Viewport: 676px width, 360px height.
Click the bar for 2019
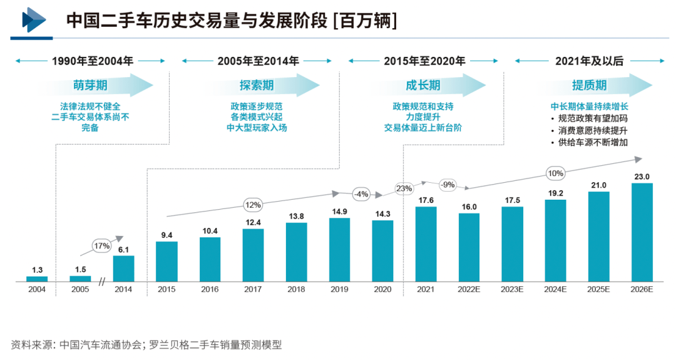(x=340, y=249)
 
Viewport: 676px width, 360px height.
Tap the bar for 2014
(x=123, y=268)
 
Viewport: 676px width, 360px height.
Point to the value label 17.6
(x=426, y=200)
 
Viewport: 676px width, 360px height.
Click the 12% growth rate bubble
(x=253, y=205)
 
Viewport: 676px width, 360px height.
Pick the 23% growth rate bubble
(x=404, y=188)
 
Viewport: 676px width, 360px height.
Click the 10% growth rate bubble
(x=555, y=173)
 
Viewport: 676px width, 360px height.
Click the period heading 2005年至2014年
(x=258, y=61)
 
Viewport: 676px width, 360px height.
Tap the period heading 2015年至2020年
(x=424, y=61)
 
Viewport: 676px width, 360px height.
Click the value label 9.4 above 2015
(x=166, y=235)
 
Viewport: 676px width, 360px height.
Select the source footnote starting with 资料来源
(x=146, y=344)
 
